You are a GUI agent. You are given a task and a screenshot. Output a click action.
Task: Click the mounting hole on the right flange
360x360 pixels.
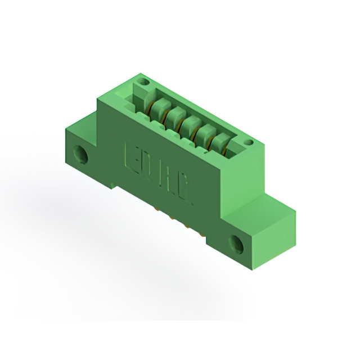click(x=235, y=243)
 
